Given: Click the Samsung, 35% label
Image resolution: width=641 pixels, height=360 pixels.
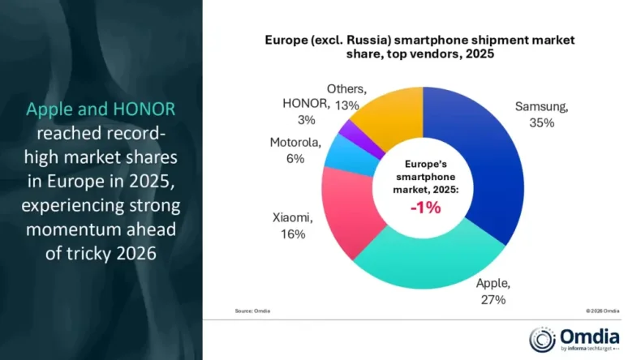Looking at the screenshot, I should click(x=541, y=114).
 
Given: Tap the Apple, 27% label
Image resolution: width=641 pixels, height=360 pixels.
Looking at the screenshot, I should click(x=493, y=291).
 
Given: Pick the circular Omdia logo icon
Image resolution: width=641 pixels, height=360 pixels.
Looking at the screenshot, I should click(x=543, y=339).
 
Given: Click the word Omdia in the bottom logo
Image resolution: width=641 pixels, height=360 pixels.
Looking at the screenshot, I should click(x=587, y=335).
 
